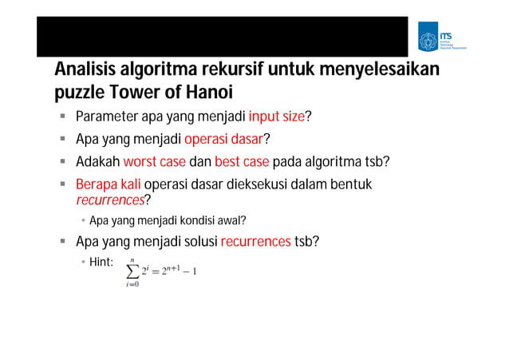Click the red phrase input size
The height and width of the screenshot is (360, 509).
tap(277, 118)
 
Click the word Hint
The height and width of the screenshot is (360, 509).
tap(101, 261)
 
